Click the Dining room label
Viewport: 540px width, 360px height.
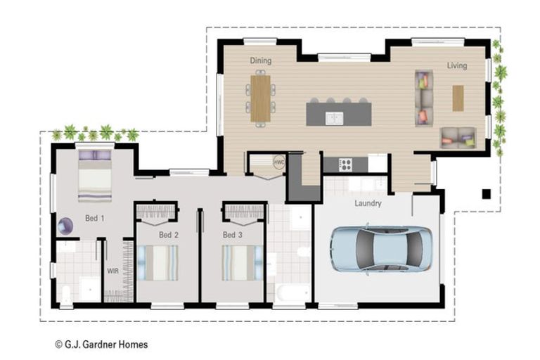[260, 61]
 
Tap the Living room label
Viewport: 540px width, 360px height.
[457, 65]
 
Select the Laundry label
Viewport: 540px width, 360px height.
[368, 204]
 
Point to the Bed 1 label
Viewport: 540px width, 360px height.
[95, 219]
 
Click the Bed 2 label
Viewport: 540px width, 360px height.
[168, 235]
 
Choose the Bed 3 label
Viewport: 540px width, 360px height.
[233, 235]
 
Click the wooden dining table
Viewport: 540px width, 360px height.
[261, 98]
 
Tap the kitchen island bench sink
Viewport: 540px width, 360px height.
[334, 118]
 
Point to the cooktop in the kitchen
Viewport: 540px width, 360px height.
[346, 165]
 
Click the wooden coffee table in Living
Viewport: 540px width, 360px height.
[458, 98]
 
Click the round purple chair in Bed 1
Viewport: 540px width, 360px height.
[65, 226]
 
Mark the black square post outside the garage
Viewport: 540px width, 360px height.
[486, 193]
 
